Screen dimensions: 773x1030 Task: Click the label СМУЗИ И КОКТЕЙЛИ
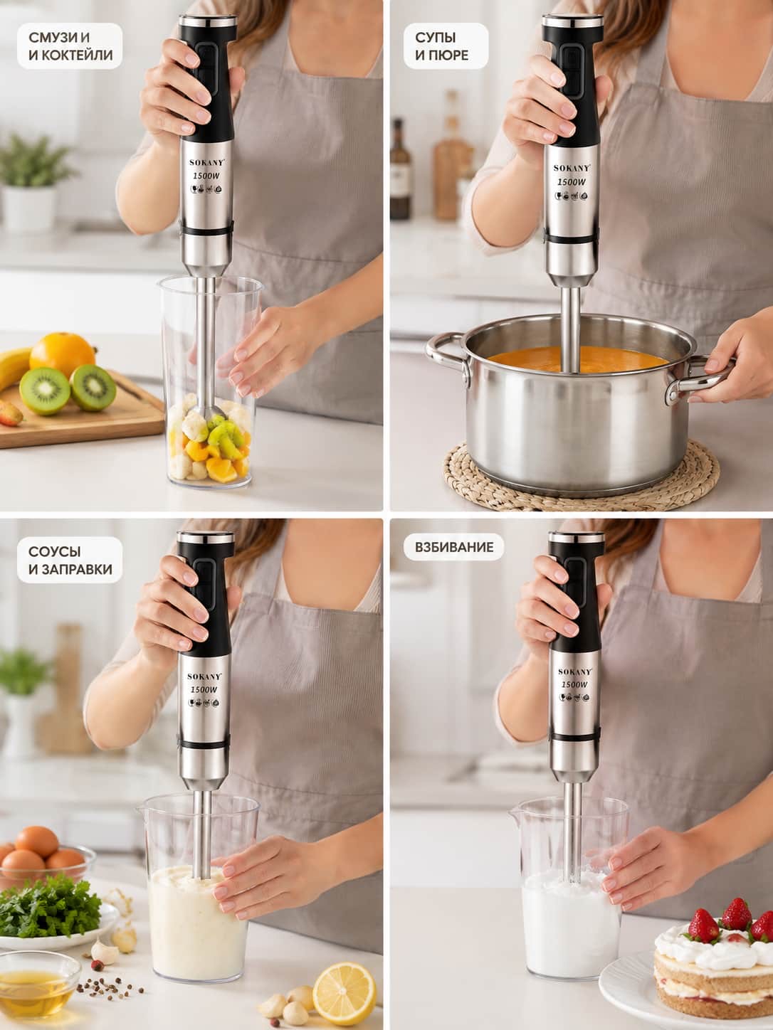[x=70, y=46]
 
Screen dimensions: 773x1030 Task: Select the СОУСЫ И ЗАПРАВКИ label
[x=70, y=561]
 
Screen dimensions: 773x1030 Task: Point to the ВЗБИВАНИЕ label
[x=454, y=547]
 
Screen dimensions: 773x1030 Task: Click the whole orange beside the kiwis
[x=63, y=354]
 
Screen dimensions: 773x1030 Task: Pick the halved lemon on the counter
[x=344, y=987]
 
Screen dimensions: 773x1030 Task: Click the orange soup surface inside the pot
[x=577, y=360]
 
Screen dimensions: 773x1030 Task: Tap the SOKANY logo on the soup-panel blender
[x=572, y=168]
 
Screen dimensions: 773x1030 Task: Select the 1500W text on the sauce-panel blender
[x=204, y=690]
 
